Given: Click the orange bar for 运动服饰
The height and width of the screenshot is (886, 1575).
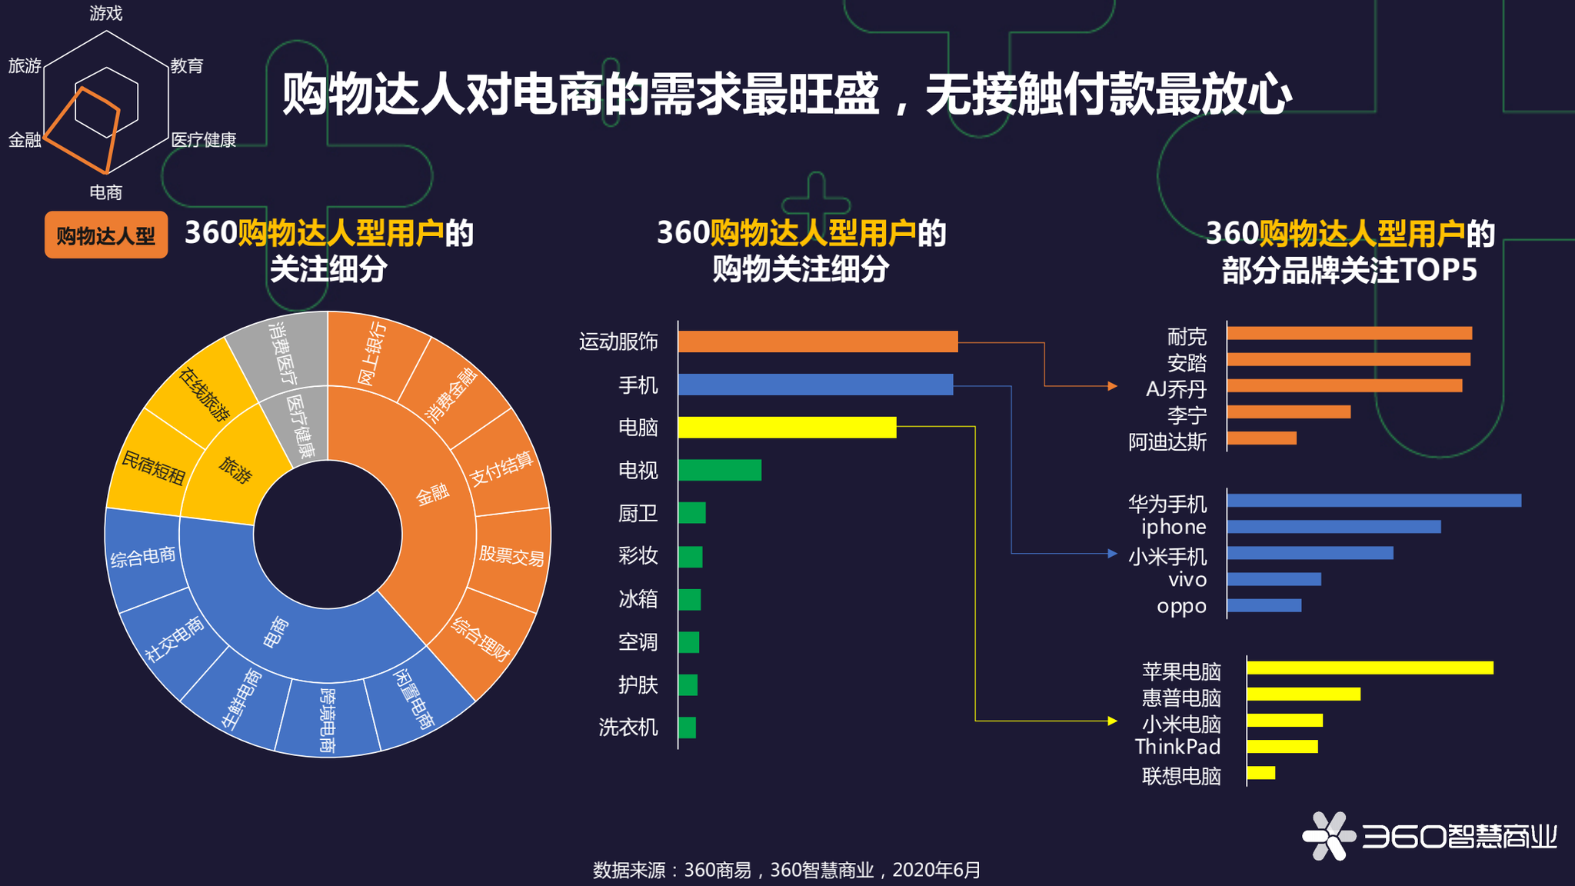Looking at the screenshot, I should pos(817,341).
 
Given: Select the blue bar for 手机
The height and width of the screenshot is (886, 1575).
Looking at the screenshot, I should pos(815,385).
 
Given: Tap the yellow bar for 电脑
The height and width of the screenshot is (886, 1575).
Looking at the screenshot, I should pos(787,428).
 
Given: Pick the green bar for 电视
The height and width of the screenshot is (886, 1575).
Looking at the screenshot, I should pos(720,470).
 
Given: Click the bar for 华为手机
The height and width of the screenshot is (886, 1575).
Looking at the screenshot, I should pos(1374,501).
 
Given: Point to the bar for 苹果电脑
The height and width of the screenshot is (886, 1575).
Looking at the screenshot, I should pos(1370,668).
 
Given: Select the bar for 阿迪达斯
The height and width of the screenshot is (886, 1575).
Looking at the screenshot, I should pos(1262,438).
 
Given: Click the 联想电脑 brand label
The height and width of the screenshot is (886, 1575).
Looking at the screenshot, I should pos(1181,776).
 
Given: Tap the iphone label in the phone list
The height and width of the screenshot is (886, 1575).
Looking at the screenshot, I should pos(1174,528).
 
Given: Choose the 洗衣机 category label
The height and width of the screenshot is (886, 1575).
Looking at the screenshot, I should pos(628,728).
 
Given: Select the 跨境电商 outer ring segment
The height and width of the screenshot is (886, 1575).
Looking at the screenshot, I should pos(328,720).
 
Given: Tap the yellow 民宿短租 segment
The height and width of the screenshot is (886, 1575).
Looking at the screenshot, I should pos(153,466).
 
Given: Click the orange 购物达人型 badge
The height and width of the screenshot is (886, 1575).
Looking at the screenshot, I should pos(106,235).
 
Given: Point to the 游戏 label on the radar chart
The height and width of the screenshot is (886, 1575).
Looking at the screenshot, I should pos(106,13).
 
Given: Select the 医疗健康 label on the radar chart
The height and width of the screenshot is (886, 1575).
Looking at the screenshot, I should pos(203,140).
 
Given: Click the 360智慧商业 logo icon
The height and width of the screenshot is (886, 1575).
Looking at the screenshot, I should pos(1328,836).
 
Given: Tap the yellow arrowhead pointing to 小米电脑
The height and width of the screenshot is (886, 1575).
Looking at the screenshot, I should pos(1112,721).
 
